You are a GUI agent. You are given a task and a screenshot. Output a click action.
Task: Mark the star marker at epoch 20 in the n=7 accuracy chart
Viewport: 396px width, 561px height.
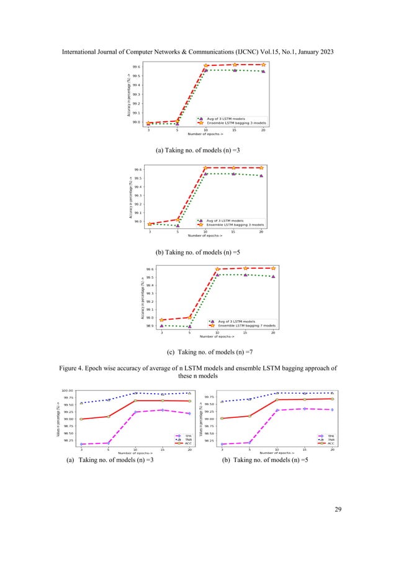[x=273, y=268]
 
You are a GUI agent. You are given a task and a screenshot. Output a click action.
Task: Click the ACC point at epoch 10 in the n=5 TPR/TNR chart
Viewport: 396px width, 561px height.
[x=277, y=399]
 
